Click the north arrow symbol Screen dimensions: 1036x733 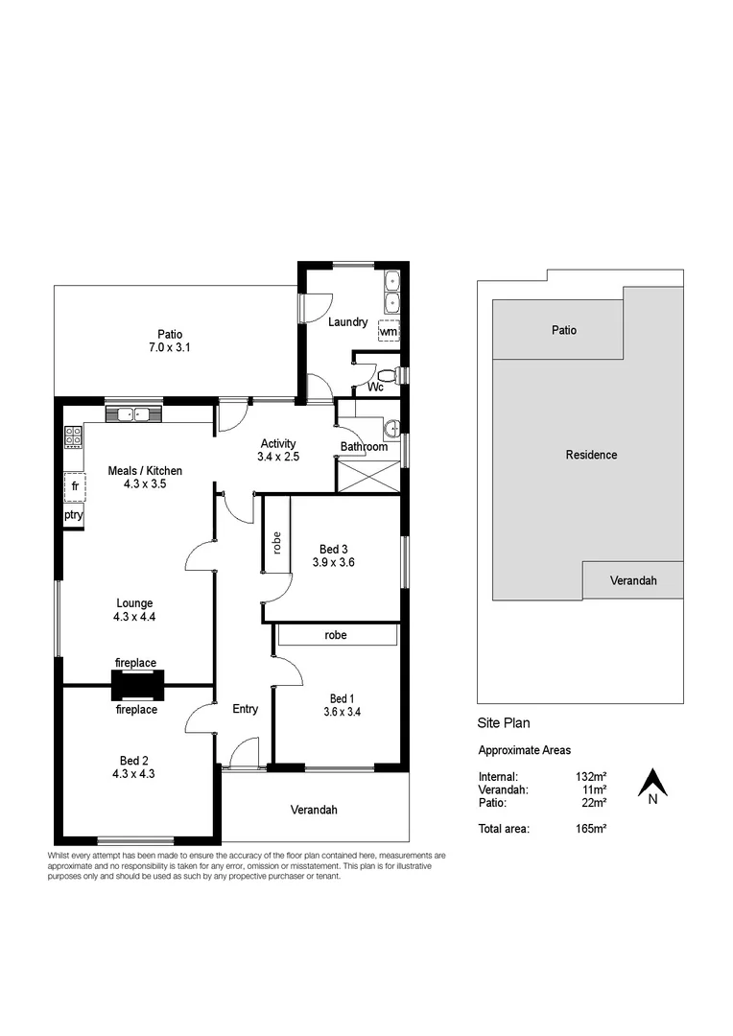tap(652, 784)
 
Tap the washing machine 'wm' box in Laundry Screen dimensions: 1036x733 tap(388, 331)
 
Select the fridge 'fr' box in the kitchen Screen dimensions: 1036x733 tap(74, 486)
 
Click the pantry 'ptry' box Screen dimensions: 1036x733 tap(74, 515)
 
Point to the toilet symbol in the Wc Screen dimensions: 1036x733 tap(383, 374)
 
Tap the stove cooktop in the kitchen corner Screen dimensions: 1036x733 tap(73, 437)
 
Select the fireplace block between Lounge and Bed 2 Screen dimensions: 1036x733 tap(136, 686)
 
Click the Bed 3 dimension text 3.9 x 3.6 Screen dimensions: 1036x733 tap(333, 563)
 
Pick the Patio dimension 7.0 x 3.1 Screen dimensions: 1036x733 tap(171, 348)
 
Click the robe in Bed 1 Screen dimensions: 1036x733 tap(335, 635)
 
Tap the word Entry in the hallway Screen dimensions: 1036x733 tap(245, 709)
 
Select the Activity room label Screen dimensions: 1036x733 tap(278, 444)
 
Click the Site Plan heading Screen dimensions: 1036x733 tap(504, 723)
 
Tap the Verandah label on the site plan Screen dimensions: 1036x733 tap(632, 581)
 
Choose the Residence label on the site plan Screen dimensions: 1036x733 tap(590, 455)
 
